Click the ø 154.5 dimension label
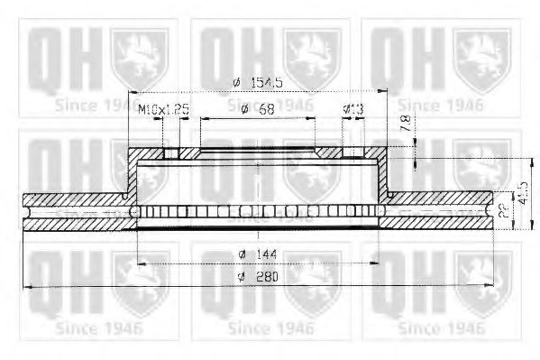tap(258, 82)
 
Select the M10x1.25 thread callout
tap(164, 109)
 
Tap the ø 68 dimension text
tap(258, 109)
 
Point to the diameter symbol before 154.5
tap(236, 82)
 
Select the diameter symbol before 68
tap(244, 109)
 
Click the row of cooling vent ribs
tap(258, 211)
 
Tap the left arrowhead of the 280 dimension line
tap(28, 286)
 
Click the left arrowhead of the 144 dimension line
tap(141, 263)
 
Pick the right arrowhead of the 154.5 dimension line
tap(382, 92)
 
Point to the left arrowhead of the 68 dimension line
tap(203, 119)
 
